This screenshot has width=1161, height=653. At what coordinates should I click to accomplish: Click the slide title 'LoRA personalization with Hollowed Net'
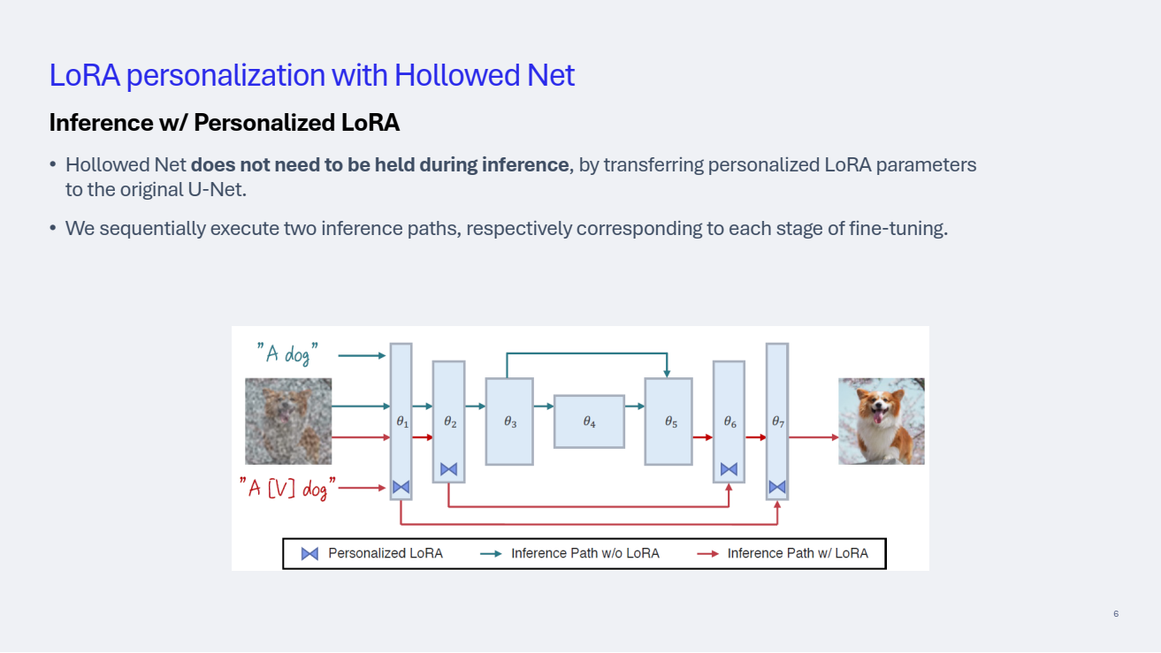click(311, 75)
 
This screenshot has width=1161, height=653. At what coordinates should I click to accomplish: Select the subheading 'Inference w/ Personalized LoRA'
click(225, 123)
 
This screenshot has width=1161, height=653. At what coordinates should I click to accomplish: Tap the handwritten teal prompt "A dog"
click(287, 354)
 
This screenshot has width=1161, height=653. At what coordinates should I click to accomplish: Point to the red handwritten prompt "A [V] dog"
click(287, 487)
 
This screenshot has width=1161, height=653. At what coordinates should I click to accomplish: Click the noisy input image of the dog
click(288, 421)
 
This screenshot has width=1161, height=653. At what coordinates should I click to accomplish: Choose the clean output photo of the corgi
click(882, 421)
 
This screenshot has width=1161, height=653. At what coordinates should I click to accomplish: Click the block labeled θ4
click(589, 421)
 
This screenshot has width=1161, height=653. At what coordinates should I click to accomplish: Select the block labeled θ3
click(509, 421)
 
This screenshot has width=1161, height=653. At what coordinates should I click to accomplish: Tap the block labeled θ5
click(668, 421)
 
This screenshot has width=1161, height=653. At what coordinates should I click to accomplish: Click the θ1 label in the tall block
click(401, 422)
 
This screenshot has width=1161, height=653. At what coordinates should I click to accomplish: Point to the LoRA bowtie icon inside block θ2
click(448, 469)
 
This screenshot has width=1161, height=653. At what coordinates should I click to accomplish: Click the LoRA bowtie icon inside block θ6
click(729, 469)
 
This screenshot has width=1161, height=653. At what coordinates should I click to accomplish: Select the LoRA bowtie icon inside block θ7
click(777, 487)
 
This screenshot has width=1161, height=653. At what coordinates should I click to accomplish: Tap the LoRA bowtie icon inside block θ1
click(401, 487)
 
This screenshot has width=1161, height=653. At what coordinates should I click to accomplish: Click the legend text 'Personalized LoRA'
click(385, 554)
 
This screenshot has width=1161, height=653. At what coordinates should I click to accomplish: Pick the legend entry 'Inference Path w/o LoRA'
click(584, 554)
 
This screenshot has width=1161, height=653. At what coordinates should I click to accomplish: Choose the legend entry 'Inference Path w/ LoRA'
click(797, 554)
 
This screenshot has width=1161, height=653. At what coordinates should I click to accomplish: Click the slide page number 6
click(1116, 614)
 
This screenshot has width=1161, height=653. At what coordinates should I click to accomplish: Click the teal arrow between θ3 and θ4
click(543, 406)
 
